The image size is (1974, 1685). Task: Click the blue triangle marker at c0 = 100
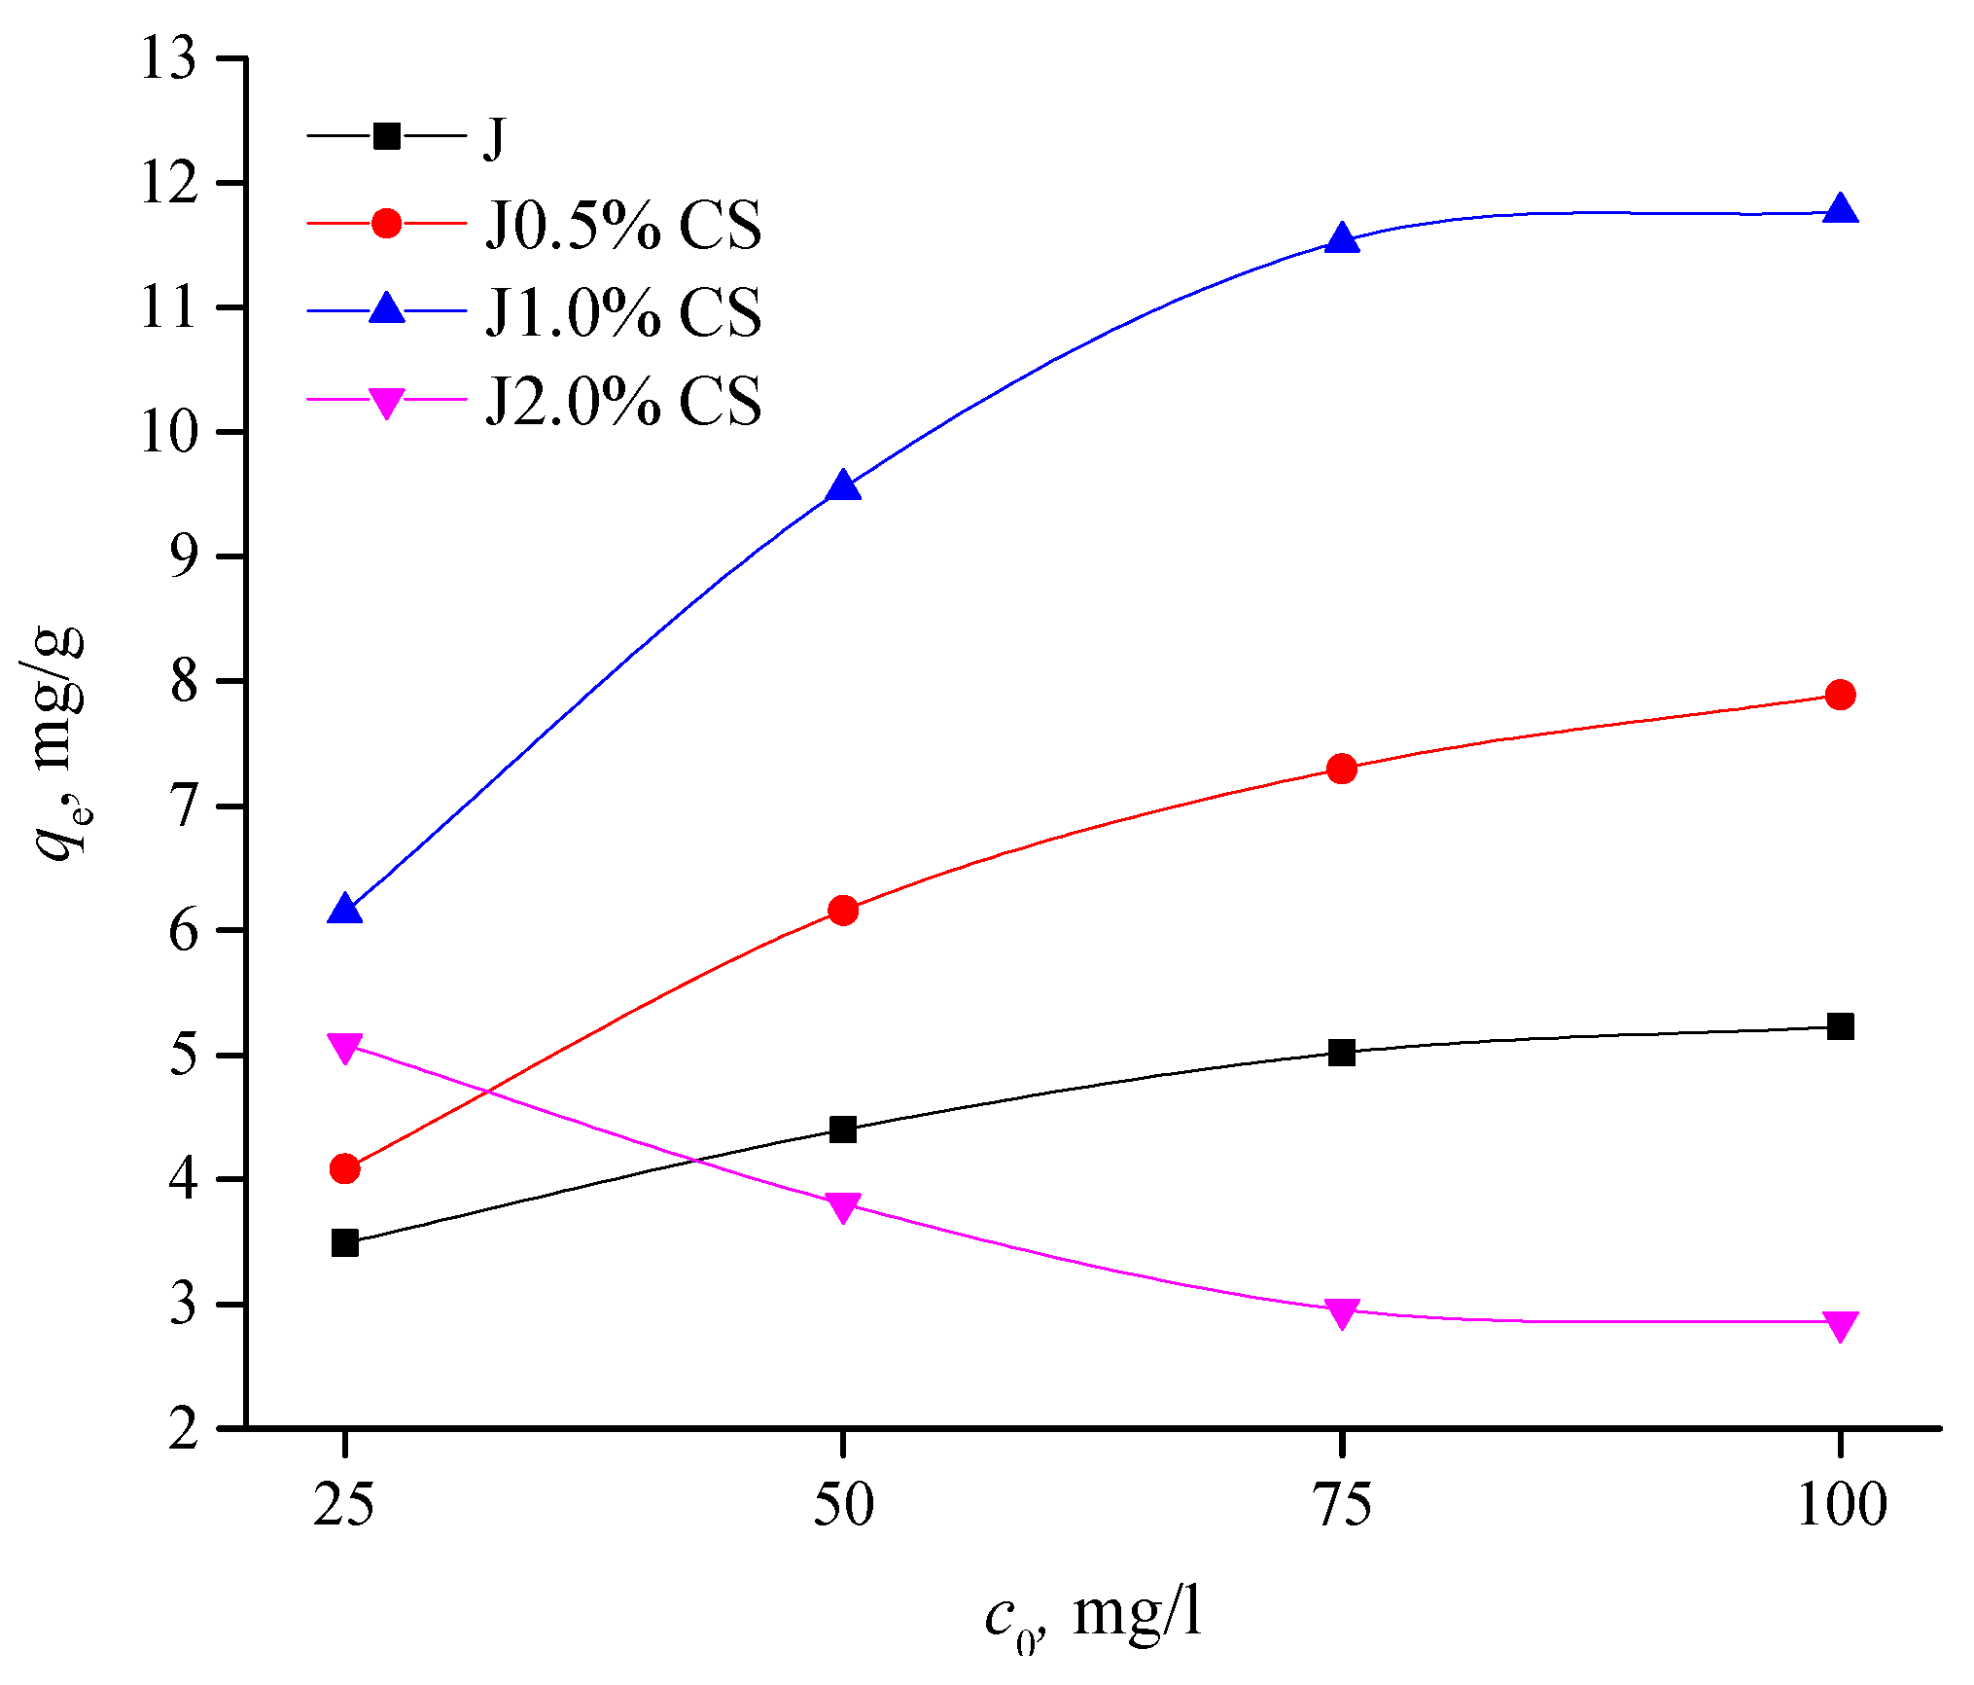coord(1839,210)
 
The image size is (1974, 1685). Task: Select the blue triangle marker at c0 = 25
coord(345,911)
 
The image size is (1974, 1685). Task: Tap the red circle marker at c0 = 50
coord(843,911)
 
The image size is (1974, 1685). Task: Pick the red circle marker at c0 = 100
coord(1839,695)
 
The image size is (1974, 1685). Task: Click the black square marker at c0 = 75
coord(1342,1053)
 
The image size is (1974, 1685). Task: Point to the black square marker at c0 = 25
coord(345,1243)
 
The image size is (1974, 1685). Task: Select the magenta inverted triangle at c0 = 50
coord(843,1207)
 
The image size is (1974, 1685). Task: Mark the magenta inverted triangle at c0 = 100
coord(1839,1325)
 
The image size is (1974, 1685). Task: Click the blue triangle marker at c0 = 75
coord(1342,238)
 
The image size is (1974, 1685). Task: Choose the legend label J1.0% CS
coord(623,313)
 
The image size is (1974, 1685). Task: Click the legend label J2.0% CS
coord(623,401)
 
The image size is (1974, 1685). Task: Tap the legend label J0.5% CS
coord(623,226)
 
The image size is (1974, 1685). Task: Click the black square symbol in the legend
coord(387,136)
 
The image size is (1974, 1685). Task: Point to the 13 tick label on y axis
coord(168,60)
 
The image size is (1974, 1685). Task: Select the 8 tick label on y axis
coord(184,683)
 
